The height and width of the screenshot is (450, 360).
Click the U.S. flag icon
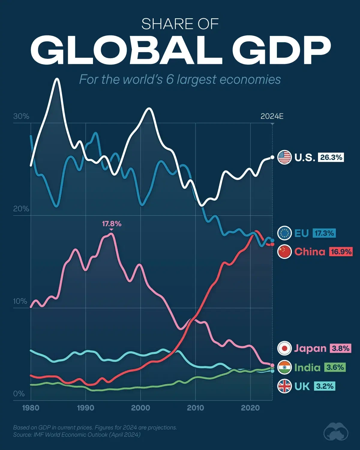[x=284, y=157]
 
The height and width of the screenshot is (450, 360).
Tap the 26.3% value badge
[x=331, y=157]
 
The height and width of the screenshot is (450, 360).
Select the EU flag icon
[x=284, y=233]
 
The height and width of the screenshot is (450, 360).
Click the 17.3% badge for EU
[x=324, y=233]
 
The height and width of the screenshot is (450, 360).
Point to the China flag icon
[x=284, y=251]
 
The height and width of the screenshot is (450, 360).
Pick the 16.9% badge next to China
[x=341, y=251]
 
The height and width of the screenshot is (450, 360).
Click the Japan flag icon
[x=284, y=348]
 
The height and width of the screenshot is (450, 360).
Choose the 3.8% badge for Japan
[x=340, y=348]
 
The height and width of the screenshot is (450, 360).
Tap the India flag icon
[x=284, y=367]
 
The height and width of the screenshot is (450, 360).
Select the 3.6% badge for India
[x=335, y=367]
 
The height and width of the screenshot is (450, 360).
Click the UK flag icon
[x=284, y=386]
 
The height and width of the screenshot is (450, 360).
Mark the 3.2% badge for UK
[x=325, y=386]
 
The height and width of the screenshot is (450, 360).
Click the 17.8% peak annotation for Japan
[x=112, y=224]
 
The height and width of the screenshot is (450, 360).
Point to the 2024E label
[x=272, y=116]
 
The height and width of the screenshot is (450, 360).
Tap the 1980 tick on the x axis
[x=31, y=408]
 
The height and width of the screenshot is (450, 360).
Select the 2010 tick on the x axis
[x=195, y=408]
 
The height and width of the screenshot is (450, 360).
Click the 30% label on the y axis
[x=21, y=116]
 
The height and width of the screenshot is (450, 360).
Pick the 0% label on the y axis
[x=19, y=394]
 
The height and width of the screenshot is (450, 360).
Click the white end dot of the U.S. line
[x=272, y=157]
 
